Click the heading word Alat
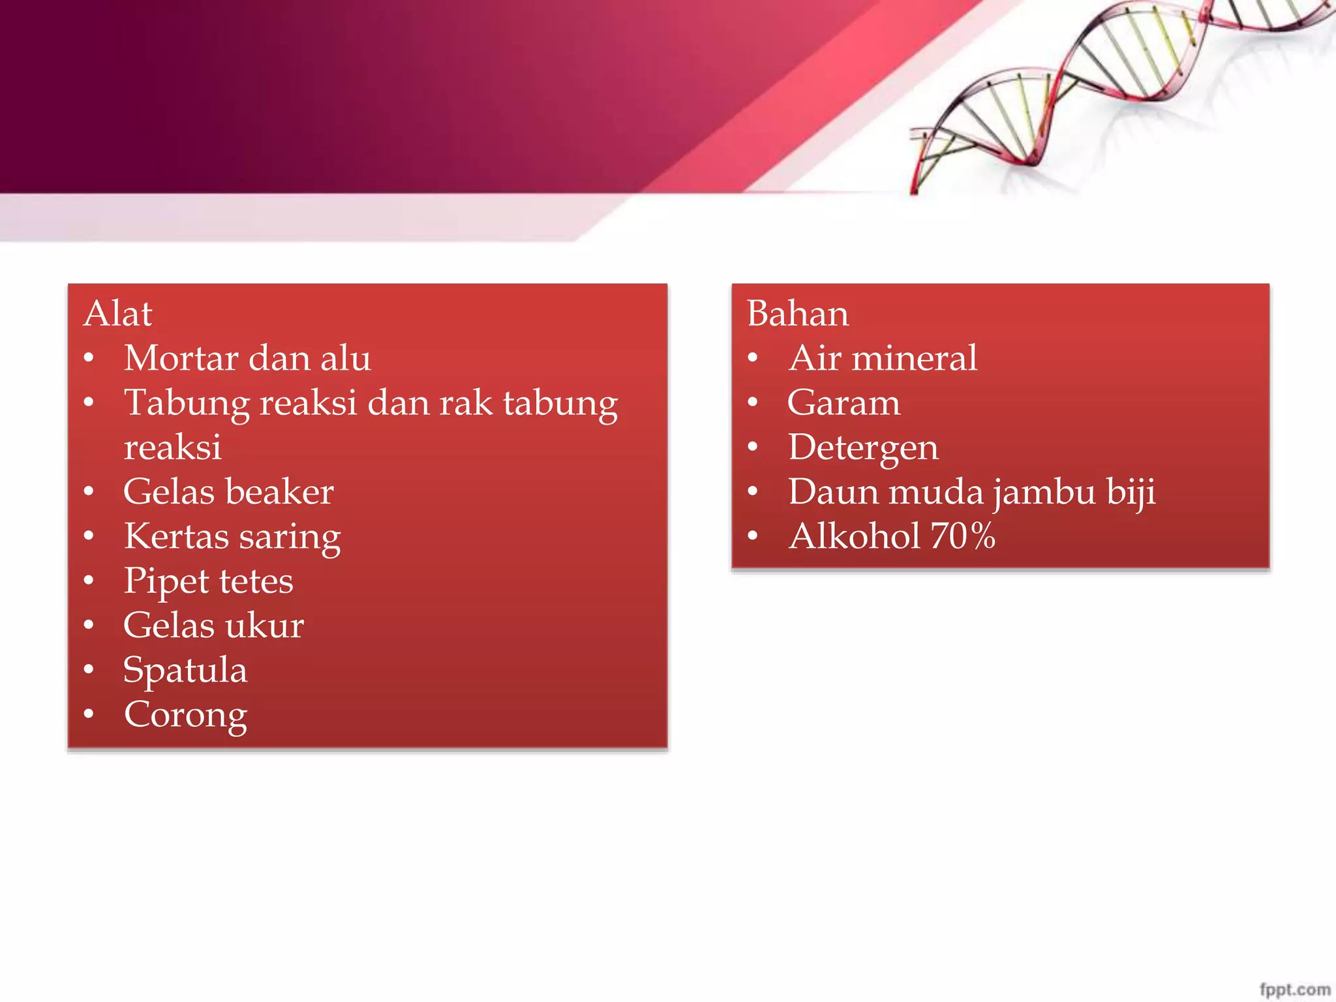tap(118, 314)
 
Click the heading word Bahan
tap(798, 314)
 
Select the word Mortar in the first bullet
tap(181, 358)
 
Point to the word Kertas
tap(176, 536)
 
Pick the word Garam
tap(843, 403)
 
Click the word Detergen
tap(863, 448)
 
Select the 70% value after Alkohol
tap(962, 536)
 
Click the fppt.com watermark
tap(1294, 989)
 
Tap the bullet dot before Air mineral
tap(753, 358)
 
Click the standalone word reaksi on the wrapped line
tap(173, 448)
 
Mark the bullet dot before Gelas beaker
tap(89, 491)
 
